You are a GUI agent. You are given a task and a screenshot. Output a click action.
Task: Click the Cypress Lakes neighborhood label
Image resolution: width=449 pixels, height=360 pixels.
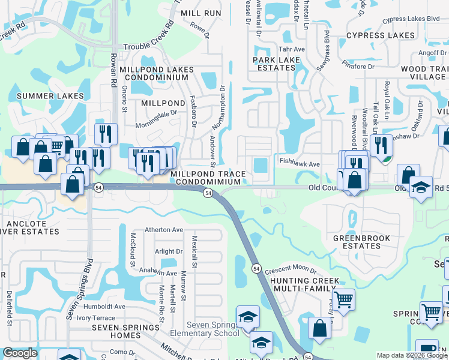[x=380, y=35]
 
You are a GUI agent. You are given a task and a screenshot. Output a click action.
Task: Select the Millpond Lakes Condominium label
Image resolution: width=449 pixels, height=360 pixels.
[x=157, y=74]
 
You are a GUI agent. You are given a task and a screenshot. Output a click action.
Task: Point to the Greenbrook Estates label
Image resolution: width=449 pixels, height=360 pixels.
[x=361, y=242]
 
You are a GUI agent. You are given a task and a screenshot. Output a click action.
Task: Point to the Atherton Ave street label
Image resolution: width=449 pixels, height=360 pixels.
[x=164, y=230]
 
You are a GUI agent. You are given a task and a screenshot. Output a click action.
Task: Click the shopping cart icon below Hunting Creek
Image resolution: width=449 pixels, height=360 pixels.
[x=343, y=298]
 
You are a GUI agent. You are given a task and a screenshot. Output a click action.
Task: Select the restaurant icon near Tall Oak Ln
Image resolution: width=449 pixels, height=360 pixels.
[x=380, y=144]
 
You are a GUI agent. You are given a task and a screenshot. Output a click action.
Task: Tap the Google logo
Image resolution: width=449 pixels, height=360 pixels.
[x=20, y=353]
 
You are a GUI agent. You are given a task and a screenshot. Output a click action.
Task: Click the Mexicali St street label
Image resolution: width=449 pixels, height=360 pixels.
[x=194, y=252]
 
